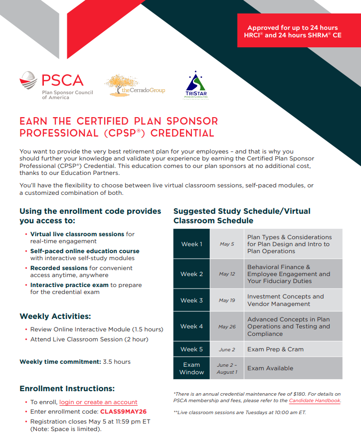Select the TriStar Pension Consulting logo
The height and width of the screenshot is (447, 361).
(x=195, y=85)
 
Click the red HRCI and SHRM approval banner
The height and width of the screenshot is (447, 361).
(x=292, y=31)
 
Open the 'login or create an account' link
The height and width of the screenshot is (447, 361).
(x=98, y=402)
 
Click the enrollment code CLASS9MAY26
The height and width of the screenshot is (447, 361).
(x=123, y=412)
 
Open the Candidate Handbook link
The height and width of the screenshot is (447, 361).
(x=315, y=401)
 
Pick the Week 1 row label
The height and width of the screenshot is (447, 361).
(x=191, y=244)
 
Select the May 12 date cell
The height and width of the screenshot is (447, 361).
(x=227, y=274)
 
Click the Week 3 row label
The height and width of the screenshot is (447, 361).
(x=191, y=300)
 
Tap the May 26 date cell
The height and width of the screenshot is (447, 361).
(x=227, y=327)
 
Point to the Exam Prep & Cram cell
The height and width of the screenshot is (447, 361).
(x=275, y=349)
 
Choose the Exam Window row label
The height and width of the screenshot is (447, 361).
(x=191, y=368)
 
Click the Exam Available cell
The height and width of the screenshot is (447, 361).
(x=270, y=368)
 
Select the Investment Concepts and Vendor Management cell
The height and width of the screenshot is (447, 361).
(x=285, y=300)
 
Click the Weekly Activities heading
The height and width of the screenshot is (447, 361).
(x=55, y=316)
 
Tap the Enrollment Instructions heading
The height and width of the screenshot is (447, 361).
(x=67, y=388)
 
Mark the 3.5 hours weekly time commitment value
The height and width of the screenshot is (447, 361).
(x=117, y=362)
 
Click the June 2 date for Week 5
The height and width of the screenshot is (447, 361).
(x=227, y=350)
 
